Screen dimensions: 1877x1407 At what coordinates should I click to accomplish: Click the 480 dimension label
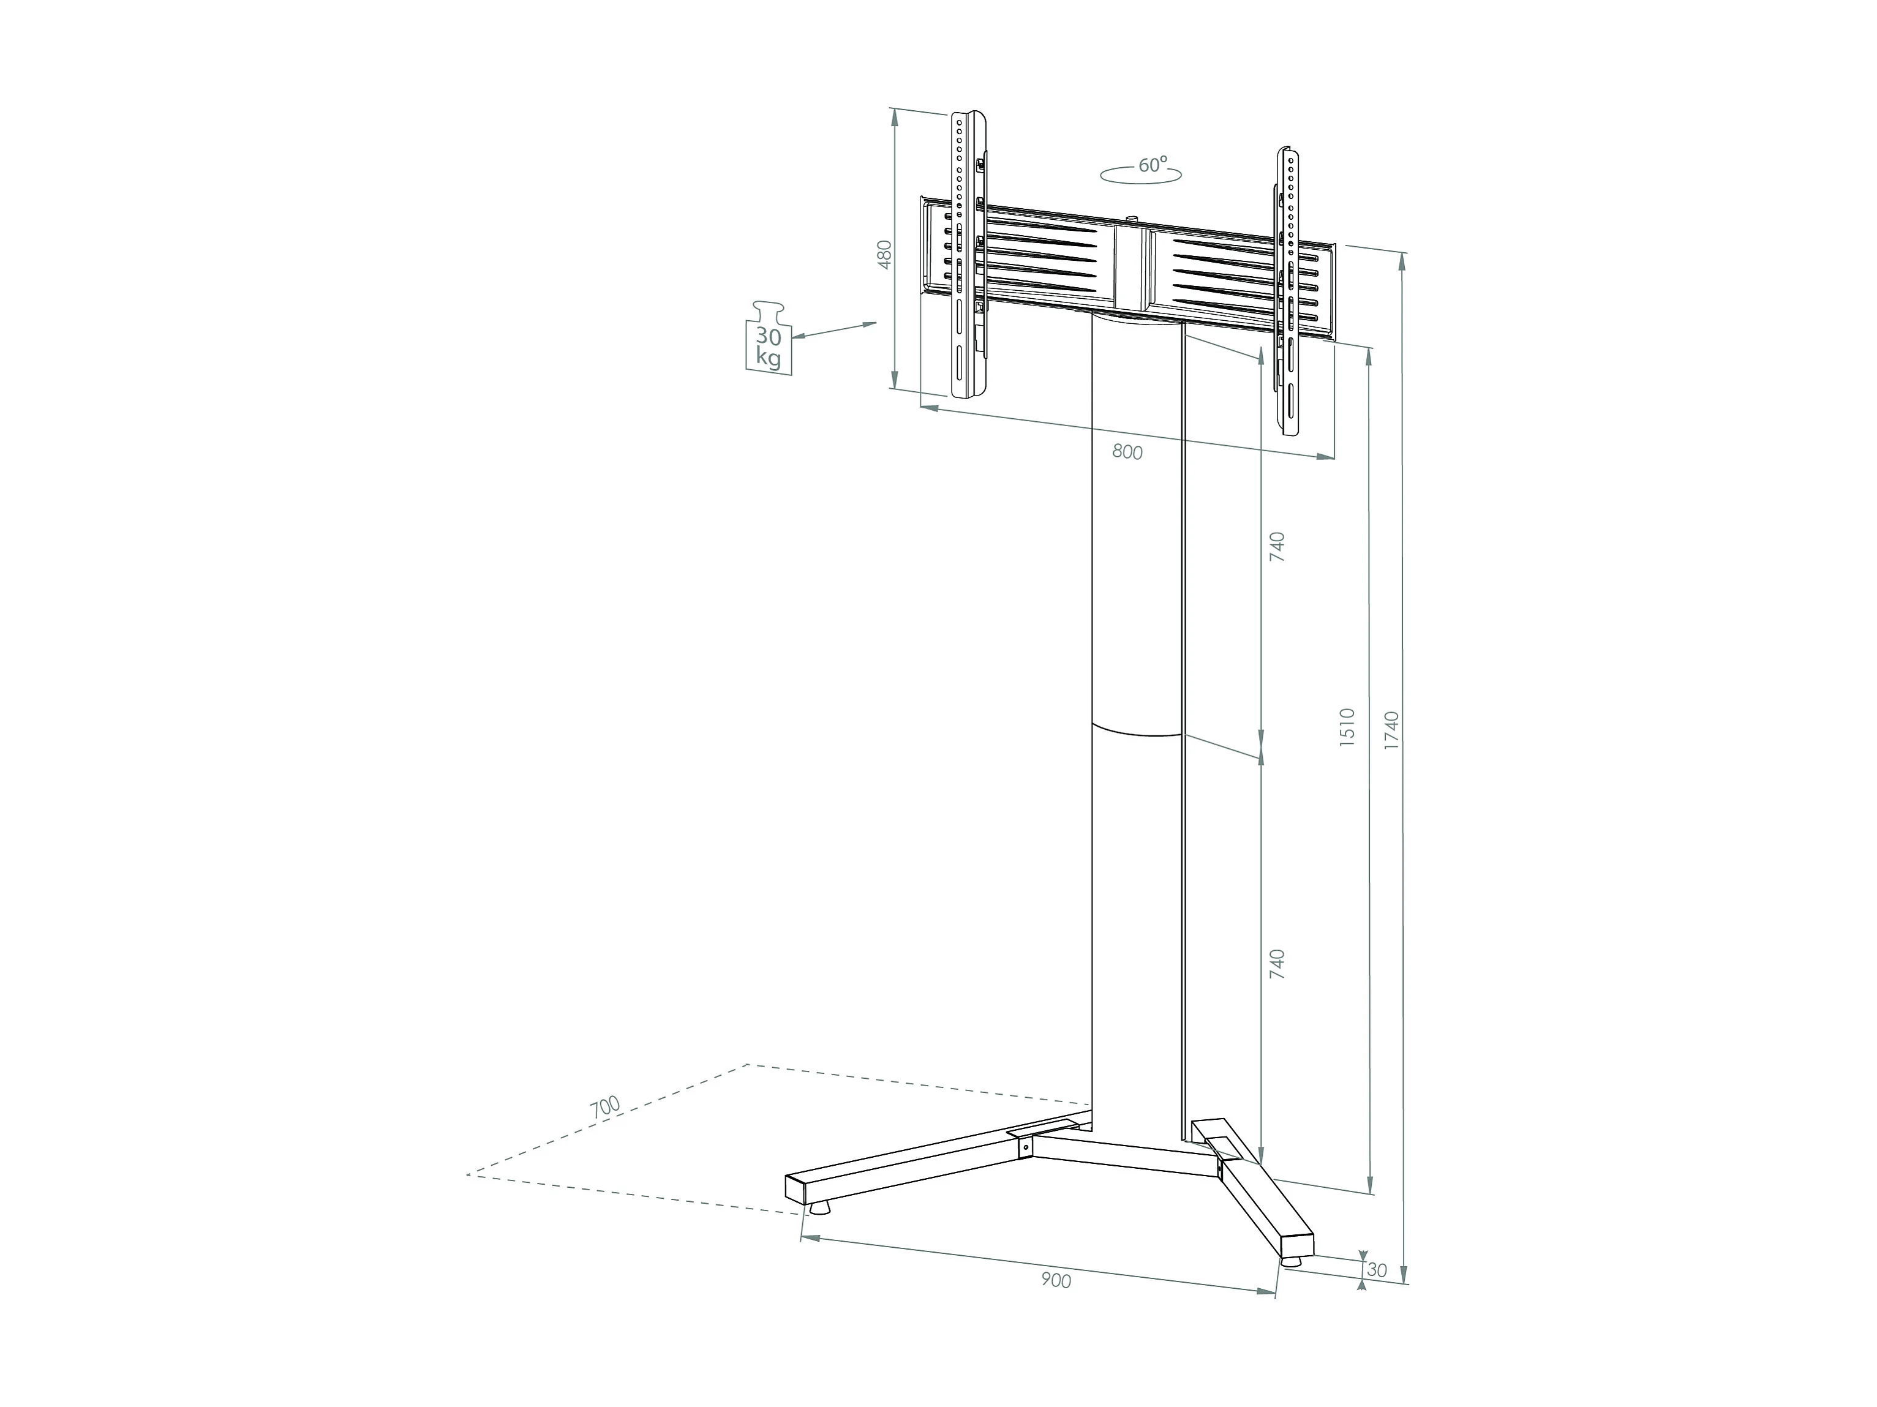(x=885, y=255)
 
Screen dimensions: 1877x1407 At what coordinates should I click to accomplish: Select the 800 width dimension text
(x=1127, y=452)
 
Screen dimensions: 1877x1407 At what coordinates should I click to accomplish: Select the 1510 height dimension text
(x=1347, y=726)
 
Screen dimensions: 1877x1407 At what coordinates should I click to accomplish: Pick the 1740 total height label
(x=1391, y=730)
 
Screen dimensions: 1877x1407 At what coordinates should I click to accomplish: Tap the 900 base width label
(x=1056, y=1304)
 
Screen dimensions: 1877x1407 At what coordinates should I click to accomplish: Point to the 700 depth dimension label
(x=606, y=1106)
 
